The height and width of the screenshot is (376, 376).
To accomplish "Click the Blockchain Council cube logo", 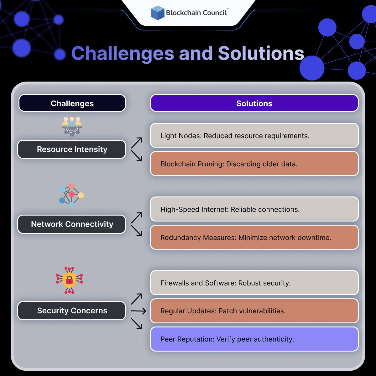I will (x=158, y=13).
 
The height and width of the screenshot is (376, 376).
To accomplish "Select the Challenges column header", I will (x=72, y=103).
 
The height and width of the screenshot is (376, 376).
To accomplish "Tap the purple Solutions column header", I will (x=254, y=103).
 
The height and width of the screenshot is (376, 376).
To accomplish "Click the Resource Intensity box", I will (x=72, y=149).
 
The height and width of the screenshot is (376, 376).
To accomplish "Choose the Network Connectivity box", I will (x=72, y=224).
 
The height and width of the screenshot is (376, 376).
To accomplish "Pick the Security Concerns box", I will (x=72, y=311).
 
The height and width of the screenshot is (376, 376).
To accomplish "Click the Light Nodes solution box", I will (x=254, y=135).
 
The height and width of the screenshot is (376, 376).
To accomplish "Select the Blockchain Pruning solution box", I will (x=254, y=164).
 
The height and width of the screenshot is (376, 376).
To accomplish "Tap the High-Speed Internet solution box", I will (x=254, y=209).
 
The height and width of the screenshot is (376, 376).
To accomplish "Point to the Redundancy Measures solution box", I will (x=254, y=237).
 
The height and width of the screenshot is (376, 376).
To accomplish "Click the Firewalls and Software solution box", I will (x=254, y=283).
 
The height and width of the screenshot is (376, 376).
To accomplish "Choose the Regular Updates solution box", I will (x=254, y=311).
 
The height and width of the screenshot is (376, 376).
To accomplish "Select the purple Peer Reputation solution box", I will (x=254, y=339).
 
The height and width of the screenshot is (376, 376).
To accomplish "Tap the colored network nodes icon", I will (x=71, y=195).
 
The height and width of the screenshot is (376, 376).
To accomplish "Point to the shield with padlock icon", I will (x=69, y=280).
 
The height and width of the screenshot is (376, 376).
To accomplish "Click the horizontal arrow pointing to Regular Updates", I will (x=138, y=311).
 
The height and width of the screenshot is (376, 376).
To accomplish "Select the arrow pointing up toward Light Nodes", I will (x=137, y=143).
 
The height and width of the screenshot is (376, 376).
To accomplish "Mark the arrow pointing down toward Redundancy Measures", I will (x=137, y=230).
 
